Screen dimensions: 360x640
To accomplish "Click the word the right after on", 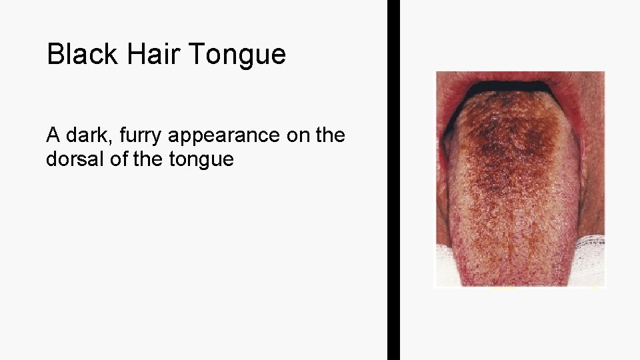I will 330,135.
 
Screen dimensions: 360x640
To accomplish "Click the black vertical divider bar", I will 393,180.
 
